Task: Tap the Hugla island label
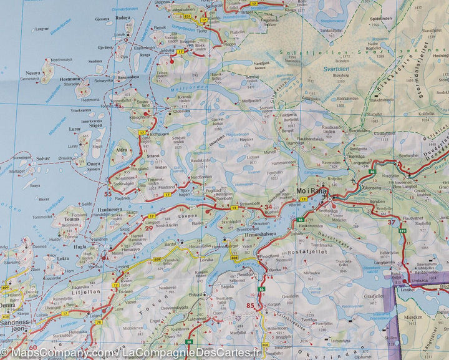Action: tap(80, 247)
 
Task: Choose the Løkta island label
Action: tap(63, 258)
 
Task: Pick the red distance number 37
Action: tap(392, 221)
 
